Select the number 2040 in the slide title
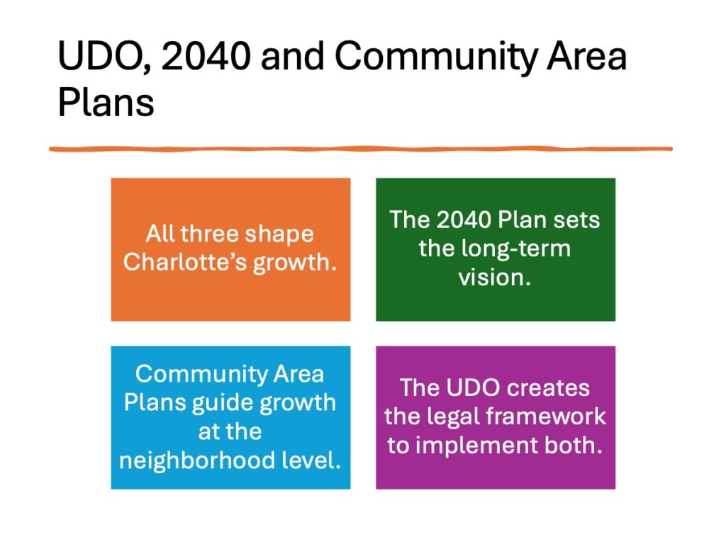206,55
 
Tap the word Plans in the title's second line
106,102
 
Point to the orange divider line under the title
361,149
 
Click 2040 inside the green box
464,220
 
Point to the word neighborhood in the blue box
197,460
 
